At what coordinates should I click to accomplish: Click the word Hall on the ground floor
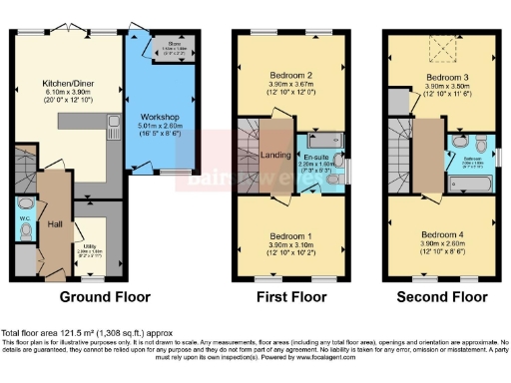click(55, 223)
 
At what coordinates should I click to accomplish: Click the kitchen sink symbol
click(116, 128)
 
